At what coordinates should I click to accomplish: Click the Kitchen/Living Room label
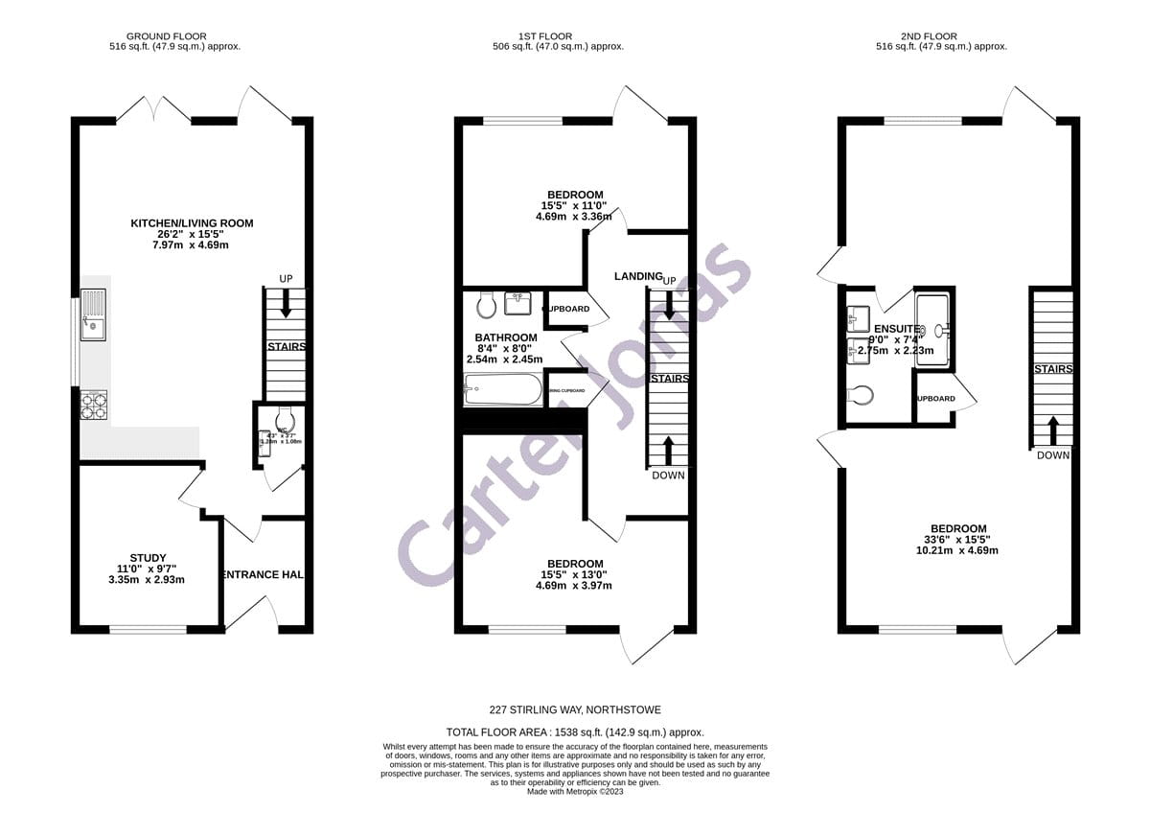[x=192, y=223]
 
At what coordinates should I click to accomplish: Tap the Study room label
[x=148, y=558]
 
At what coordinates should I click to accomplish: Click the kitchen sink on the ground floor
[x=94, y=316]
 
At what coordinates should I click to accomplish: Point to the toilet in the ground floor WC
[x=284, y=419]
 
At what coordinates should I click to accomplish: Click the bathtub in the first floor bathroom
[x=502, y=389]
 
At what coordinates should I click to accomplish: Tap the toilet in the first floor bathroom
[x=486, y=304]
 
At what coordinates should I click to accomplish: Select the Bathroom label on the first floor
[x=505, y=337]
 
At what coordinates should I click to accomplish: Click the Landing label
[x=638, y=276]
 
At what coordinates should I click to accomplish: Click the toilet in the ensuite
[x=862, y=394]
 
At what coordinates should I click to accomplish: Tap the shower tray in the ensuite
[x=933, y=331]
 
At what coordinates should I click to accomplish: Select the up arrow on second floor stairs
[x=1052, y=428]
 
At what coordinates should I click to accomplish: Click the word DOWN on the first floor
[x=668, y=476]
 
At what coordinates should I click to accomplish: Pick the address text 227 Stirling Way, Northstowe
[x=575, y=710]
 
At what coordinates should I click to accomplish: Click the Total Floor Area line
[x=575, y=731]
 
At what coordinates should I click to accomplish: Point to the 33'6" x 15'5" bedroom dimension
[x=957, y=540]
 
